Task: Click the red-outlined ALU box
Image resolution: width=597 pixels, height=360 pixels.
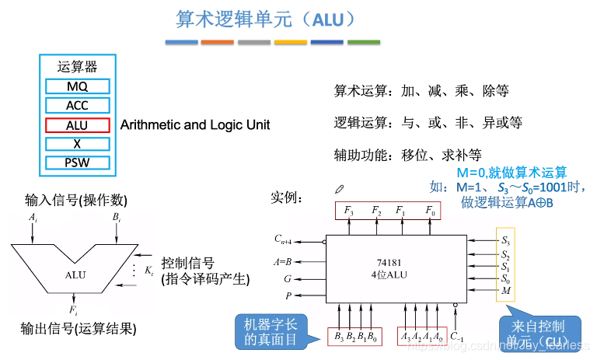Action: click(x=77, y=124)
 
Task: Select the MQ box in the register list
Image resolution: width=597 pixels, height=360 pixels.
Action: click(x=77, y=86)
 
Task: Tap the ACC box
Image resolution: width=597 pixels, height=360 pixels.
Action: click(x=77, y=106)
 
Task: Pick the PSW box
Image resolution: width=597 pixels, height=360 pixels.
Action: click(x=77, y=163)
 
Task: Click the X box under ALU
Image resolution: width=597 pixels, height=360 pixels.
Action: click(x=77, y=144)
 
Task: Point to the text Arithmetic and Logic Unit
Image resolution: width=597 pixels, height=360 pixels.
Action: click(x=195, y=124)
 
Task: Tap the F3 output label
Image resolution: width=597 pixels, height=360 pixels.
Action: click(x=349, y=210)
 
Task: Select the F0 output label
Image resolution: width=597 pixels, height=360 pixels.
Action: click(x=430, y=210)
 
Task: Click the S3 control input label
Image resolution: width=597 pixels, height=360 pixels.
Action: click(x=506, y=240)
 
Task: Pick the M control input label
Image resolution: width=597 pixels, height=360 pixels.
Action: click(x=506, y=291)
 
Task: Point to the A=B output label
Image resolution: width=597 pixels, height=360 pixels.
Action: click(x=282, y=262)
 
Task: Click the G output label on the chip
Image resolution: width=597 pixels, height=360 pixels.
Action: click(x=287, y=278)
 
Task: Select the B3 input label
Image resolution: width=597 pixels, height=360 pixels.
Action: click(x=340, y=336)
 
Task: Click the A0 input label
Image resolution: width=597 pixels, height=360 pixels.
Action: click(x=440, y=336)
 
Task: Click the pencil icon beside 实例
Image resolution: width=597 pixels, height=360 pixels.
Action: click(x=339, y=189)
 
